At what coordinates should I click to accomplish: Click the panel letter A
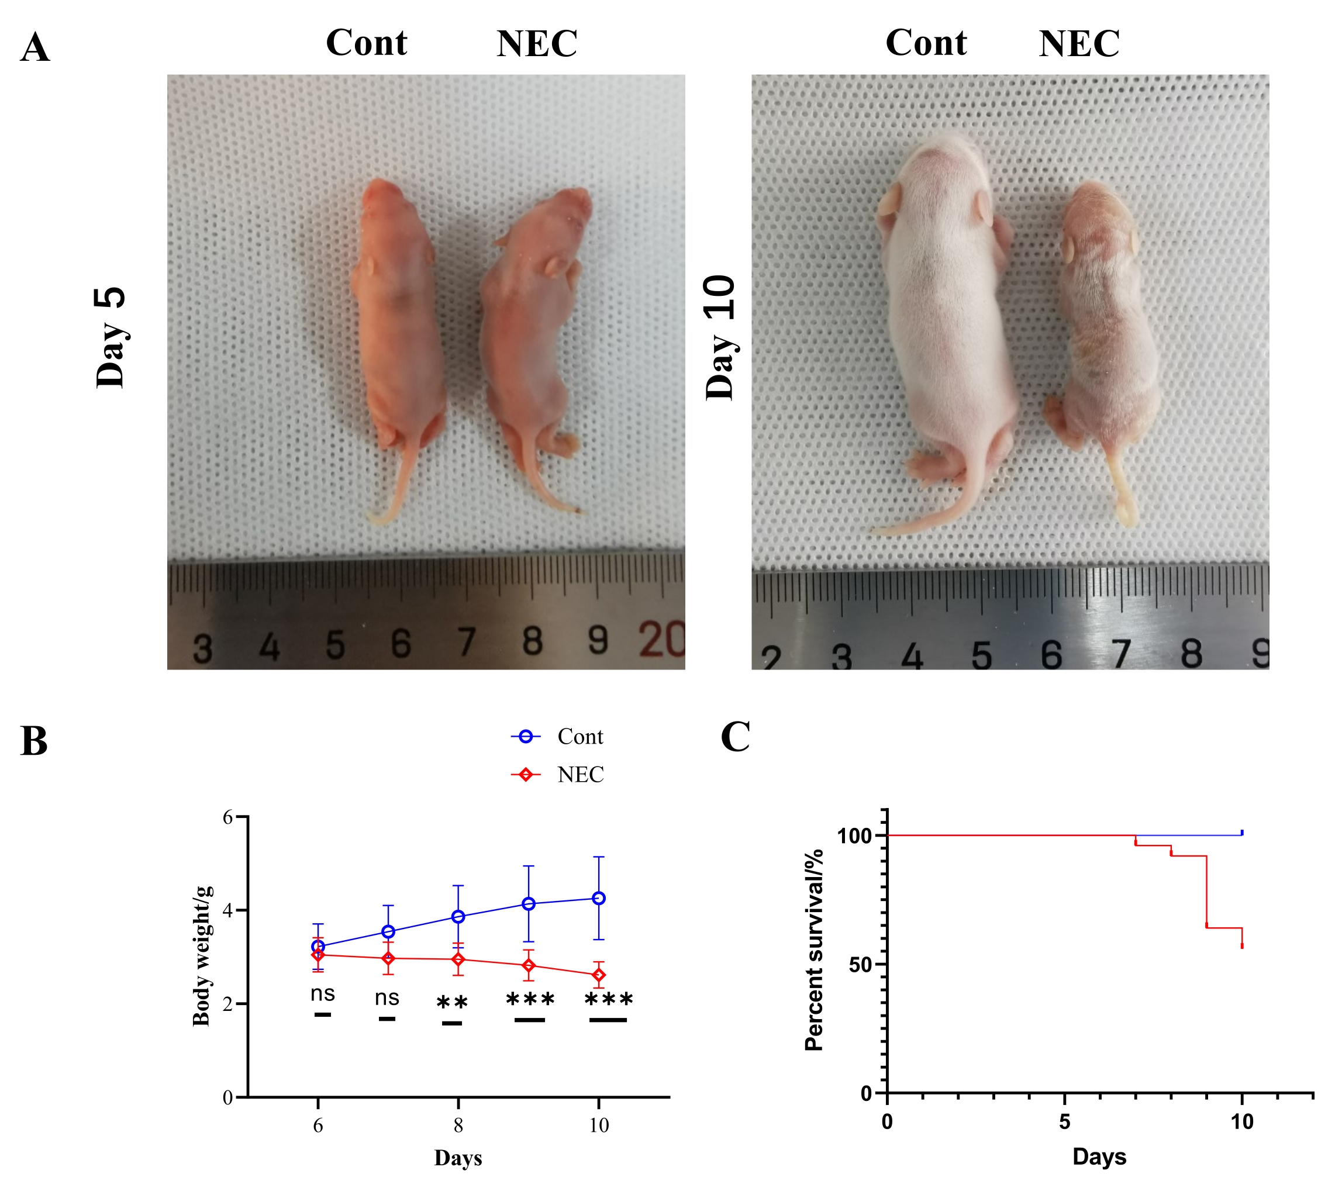[x=35, y=48]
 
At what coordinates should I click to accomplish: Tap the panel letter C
[x=735, y=737]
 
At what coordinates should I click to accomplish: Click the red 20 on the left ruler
[x=661, y=638]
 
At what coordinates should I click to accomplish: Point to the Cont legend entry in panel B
[x=579, y=737]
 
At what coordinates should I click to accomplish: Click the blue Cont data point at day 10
[x=599, y=898]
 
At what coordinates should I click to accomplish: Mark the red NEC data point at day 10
[x=599, y=975]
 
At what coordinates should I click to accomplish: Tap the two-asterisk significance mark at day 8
[x=452, y=1004]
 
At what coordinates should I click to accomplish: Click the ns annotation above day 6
[x=323, y=993]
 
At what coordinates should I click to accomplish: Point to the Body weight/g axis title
[x=203, y=956]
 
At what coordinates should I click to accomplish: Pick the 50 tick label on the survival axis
[x=859, y=965]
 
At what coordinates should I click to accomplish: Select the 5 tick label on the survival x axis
[x=1064, y=1121]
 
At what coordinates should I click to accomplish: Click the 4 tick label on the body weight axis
[x=227, y=911]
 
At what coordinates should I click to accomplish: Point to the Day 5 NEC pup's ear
[x=557, y=266]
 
